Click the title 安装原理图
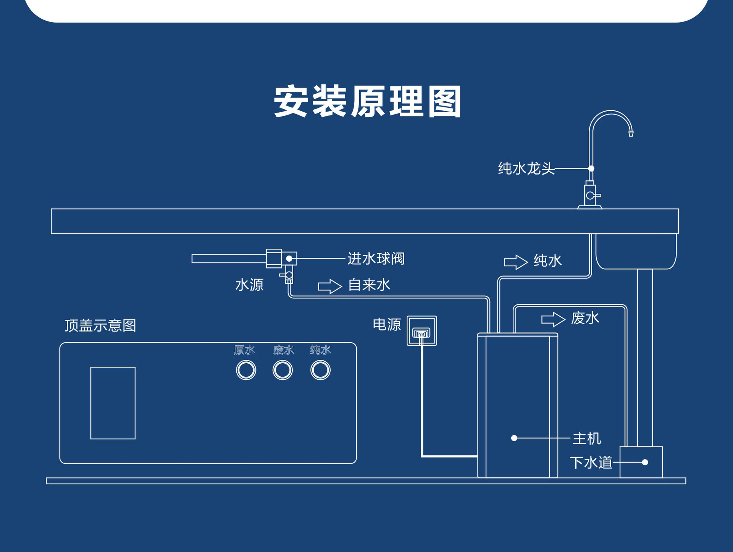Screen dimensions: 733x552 tap(367, 101)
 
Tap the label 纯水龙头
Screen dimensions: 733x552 tap(526, 168)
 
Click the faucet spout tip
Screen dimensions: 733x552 tap(631, 134)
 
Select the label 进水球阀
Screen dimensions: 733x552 tap(376, 259)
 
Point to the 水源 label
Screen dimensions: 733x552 tap(249, 285)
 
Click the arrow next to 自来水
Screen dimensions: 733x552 tap(330, 286)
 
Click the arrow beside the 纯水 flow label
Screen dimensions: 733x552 tap(516, 262)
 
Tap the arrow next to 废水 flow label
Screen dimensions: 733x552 tap(553, 319)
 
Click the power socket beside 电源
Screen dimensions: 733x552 tap(422, 331)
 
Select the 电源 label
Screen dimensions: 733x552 tap(387, 325)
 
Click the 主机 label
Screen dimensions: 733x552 tap(587, 439)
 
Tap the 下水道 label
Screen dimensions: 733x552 tap(591, 463)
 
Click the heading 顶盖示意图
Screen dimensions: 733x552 tap(100, 325)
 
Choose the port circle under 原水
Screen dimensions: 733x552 tap(246, 370)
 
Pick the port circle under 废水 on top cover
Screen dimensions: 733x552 tap(283, 370)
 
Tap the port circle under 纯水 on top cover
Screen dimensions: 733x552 tap(320, 370)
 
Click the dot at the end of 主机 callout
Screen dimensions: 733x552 tap(514, 438)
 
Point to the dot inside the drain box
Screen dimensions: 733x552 tap(645, 463)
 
